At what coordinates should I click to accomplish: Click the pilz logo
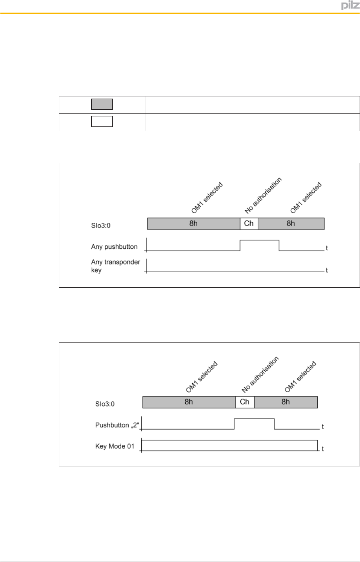tap(350, 5)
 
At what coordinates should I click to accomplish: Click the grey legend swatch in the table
tap(102, 104)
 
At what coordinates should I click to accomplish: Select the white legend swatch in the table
tap(102, 122)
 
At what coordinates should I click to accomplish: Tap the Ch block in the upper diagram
tap(249, 224)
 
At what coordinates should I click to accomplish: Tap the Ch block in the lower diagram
tap(245, 402)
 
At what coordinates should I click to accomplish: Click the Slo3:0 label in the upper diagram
tap(101, 225)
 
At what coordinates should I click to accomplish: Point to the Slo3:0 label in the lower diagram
tap(105, 404)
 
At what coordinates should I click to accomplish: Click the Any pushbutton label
tap(114, 247)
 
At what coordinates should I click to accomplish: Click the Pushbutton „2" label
tap(117, 425)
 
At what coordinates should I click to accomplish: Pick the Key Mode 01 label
tap(115, 446)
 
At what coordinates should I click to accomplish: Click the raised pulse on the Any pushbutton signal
tap(260, 241)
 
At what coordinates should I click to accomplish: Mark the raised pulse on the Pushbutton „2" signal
tap(254, 419)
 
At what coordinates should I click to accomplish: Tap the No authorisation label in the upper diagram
tap(263, 195)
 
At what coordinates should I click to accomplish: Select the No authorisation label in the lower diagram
tap(260, 374)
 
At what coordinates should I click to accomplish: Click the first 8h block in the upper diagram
tap(194, 224)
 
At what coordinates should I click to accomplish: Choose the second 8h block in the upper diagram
tap(291, 224)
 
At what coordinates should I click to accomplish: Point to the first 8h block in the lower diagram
tap(189, 402)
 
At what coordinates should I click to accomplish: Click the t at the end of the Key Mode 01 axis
tap(323, 449)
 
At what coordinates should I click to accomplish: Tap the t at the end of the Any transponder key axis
tap(327, 270)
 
